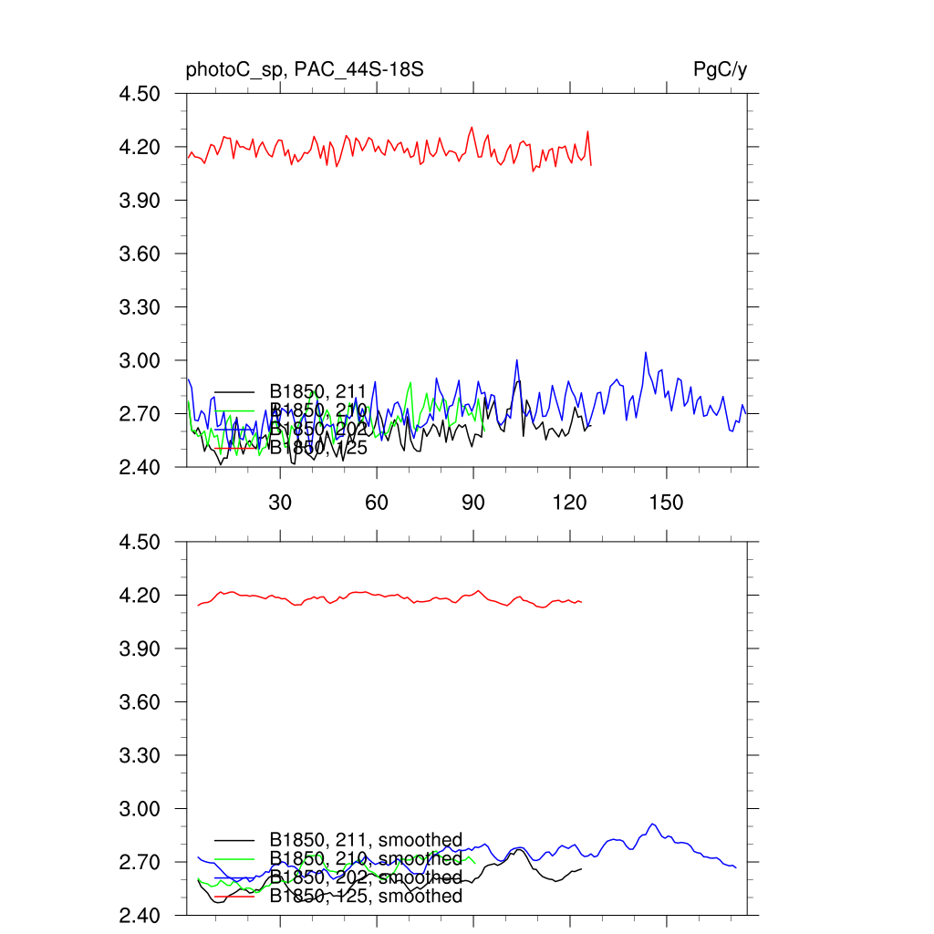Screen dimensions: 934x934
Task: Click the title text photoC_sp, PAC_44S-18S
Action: [305, 69]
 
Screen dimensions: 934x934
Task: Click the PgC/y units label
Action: [721, 69]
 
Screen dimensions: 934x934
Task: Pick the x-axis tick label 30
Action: [280, 504]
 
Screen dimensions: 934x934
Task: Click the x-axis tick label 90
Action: [473, 504]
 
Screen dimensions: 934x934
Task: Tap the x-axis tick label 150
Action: [666, 504]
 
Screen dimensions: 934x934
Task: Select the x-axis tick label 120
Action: [569, 504]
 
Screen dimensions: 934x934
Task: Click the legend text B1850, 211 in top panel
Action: [317, 392]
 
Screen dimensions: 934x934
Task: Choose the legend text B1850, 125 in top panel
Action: [317, 447]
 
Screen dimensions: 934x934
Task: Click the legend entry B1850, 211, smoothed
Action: [366, 840]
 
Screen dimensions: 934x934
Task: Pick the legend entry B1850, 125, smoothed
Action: [366, 896]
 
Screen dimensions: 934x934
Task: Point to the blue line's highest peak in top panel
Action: [646, 352]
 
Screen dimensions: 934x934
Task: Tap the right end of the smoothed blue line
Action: [735, 867]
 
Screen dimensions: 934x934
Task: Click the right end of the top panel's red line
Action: [591, 164]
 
